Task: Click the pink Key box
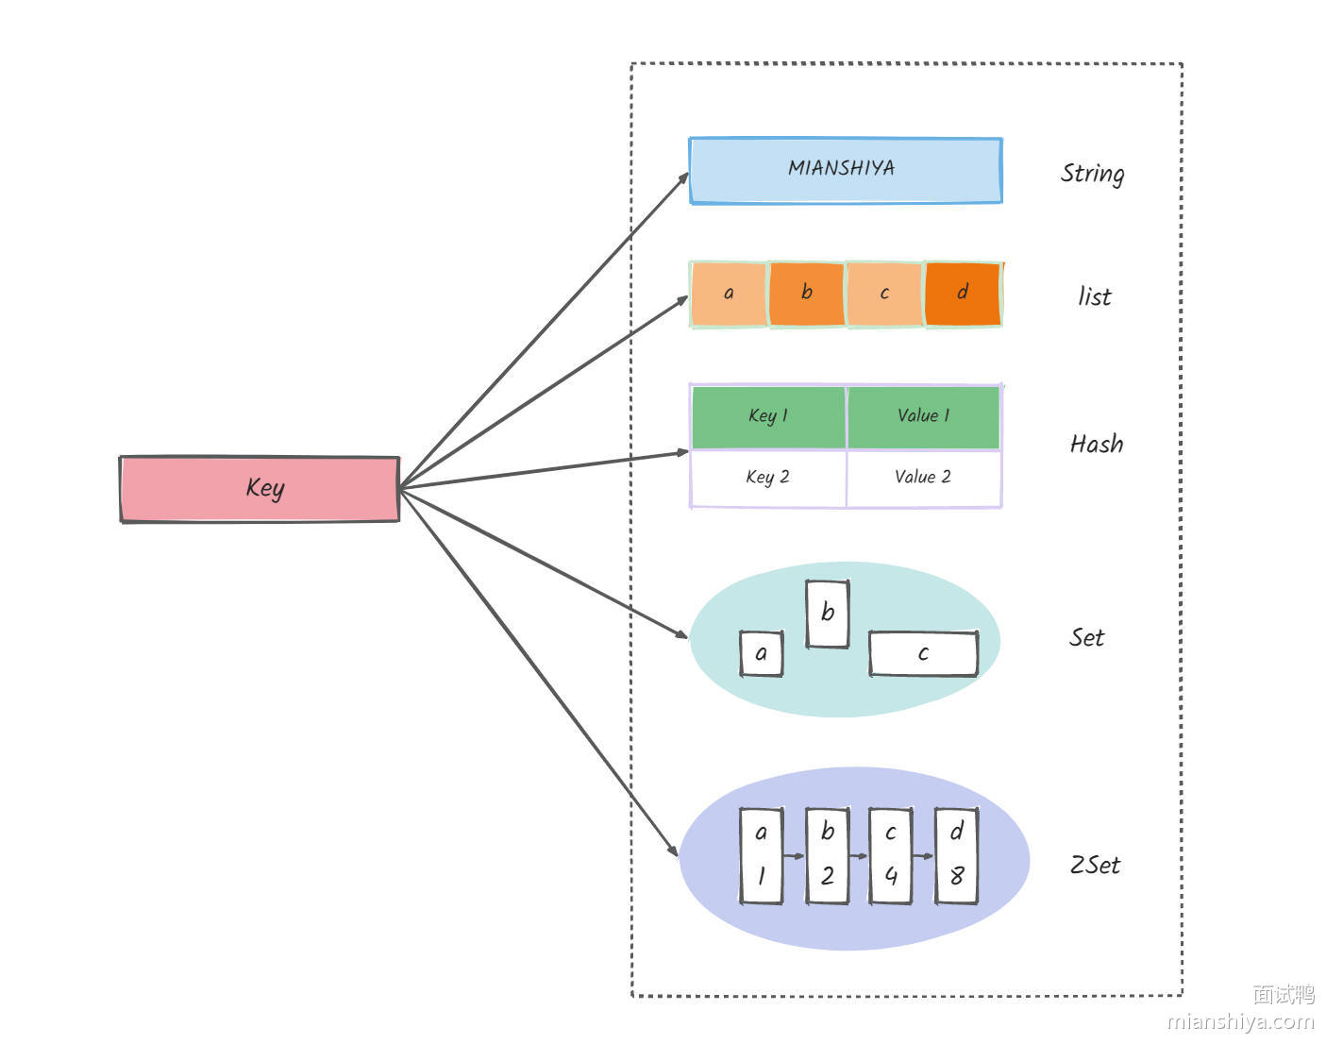tap(260, 488)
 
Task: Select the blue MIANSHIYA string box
tap(845, 170)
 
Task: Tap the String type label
tap(1092, 173)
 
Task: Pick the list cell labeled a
tap(729, 294)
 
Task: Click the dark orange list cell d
tap(963, 294)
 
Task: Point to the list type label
tap(1095, 296)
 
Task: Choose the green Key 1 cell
tap(768, 416)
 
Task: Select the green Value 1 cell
tap(924, 416)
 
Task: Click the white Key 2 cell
tap(768, 478)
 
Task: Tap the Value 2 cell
tap(924, 478)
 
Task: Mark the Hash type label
tap(1097, 444)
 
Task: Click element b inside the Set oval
tap(828, 614)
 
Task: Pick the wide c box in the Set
tap(923, 653)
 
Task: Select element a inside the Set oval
tap(762, 653)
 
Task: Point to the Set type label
tap(1086, 638)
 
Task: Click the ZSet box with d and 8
tap(956, 855)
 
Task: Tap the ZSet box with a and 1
tap(762, 855)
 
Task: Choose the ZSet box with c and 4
tap(890, 855)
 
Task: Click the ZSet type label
tap(1095, 865)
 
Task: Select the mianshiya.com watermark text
tap(1240, 1020)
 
